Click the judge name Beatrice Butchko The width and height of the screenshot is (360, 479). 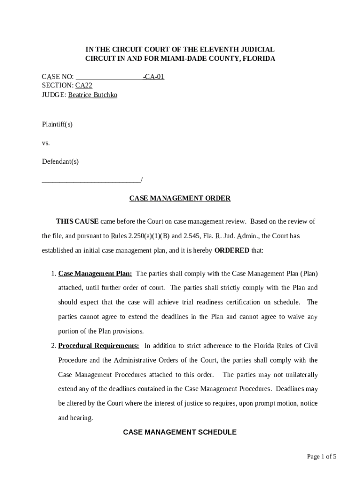(93, 95)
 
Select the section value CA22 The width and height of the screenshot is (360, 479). (84, 86)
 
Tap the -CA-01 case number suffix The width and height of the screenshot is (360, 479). (153, 77)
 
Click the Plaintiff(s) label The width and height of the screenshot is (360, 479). (57, 124)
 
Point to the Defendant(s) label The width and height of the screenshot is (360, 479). (60, 161)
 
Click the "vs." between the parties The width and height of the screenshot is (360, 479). (46, 143)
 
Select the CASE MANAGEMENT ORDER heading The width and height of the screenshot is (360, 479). (180, 198)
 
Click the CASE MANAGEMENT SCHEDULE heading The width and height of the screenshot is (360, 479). (180, 432)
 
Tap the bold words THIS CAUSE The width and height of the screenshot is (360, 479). (77, 221)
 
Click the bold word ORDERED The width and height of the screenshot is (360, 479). (231, 250)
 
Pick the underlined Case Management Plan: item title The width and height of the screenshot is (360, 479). (95, 273)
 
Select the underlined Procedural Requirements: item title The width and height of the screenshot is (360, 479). (99, 346)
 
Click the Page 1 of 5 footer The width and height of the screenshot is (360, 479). (322, 457)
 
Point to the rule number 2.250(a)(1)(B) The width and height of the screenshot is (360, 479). (149, 236)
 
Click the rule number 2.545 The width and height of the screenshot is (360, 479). (192, 236)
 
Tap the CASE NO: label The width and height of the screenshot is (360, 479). (58, 77)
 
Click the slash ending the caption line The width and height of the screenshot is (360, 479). (141, 180)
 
